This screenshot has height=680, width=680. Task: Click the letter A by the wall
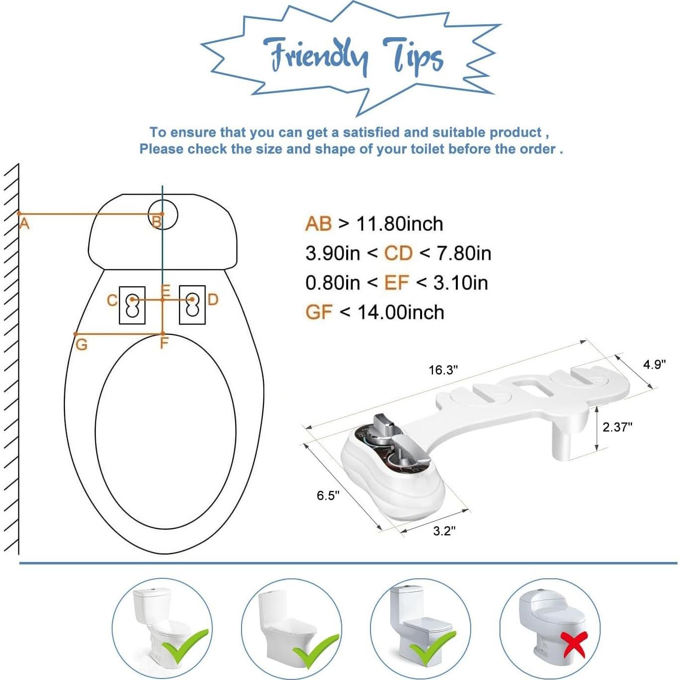point(24,224)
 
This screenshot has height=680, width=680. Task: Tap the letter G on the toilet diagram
point(81,344)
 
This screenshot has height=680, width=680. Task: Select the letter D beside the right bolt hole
point(213,300)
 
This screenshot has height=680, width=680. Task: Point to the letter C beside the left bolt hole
point(113,301)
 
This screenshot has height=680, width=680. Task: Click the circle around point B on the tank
point(164,214)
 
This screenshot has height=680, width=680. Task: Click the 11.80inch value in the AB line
point(399,224)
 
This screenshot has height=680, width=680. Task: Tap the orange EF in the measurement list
point(396,283)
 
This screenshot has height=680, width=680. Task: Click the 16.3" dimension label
point(443,370)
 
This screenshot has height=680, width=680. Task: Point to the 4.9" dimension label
point(654,365)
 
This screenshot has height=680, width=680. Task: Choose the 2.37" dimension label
point(617,427)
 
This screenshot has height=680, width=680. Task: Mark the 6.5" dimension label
point(328,495)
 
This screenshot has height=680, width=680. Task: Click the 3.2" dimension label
point(444,531)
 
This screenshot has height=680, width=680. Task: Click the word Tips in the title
point(413,57)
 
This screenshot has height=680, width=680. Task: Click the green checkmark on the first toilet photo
point(185,646)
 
